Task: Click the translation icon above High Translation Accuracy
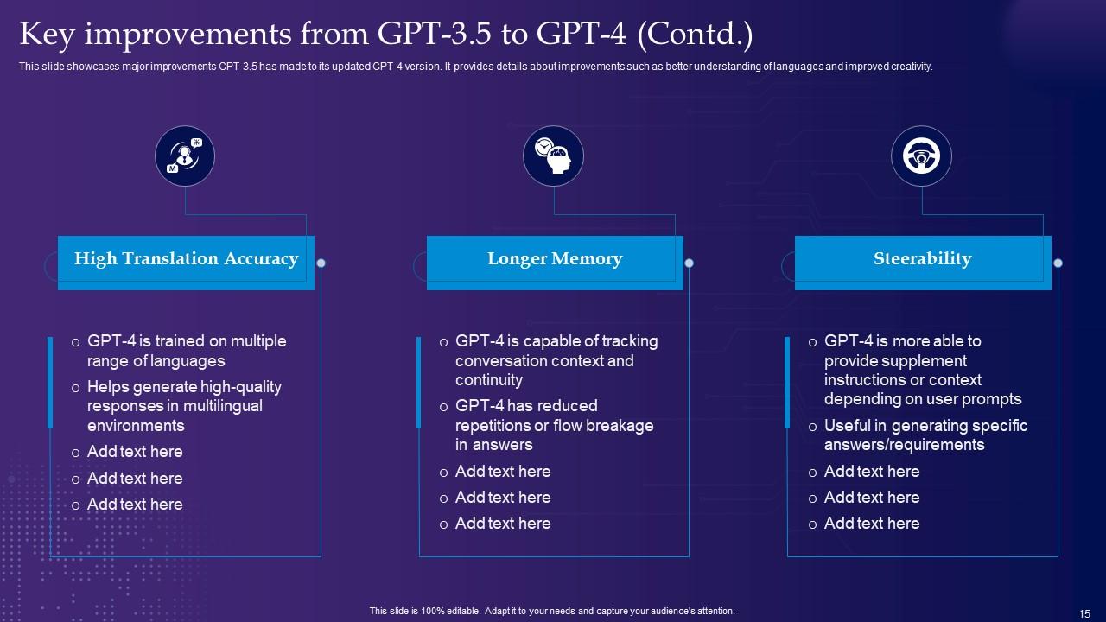[x=185, y=156]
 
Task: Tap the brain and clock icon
[x=553, y=156]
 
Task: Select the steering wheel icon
[x=921, y=156]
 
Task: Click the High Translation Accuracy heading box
[x=186, y=259]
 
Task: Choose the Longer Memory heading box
[x=555, y=259]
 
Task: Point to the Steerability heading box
[x=922, y=259]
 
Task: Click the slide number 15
[x=1084, y=613]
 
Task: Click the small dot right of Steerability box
[x=1058, y=263]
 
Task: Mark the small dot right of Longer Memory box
[x=689, y=263]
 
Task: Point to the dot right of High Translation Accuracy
[x=321, y=263]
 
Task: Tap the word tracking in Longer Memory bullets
[x=617, y=341]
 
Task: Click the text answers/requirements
[x=904, y=445]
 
